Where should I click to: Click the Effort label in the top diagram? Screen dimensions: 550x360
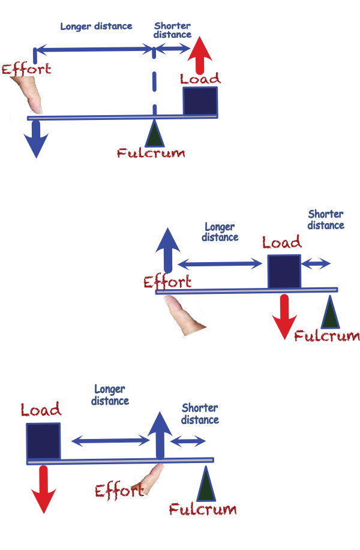26,68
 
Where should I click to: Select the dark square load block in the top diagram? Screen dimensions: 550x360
200,100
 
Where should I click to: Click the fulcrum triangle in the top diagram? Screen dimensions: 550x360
155,134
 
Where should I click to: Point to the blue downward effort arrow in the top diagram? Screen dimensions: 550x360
36,138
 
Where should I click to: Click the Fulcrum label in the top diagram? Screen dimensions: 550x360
151,153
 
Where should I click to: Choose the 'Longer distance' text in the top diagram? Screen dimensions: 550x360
96,26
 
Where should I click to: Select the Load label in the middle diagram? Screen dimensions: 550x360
282,243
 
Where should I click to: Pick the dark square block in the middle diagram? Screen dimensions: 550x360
283,271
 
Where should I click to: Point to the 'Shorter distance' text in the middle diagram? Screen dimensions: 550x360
326,220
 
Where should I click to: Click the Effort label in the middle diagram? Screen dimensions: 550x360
167,282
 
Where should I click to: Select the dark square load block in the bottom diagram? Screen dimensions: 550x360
44,440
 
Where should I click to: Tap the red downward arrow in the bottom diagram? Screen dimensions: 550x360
43,489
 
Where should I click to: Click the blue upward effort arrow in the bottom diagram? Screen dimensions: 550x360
160,435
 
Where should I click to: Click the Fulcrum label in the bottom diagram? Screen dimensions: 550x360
203,510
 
